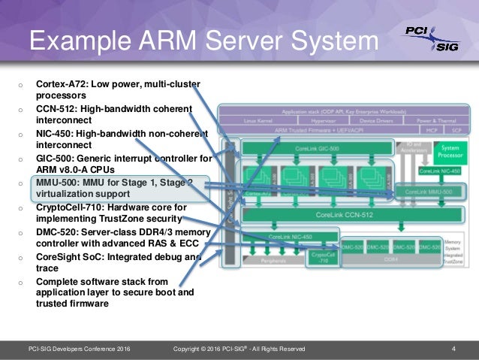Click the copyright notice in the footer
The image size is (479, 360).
(239, 348)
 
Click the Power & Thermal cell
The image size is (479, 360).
(435, 120)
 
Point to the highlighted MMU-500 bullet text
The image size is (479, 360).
(113, 187)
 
